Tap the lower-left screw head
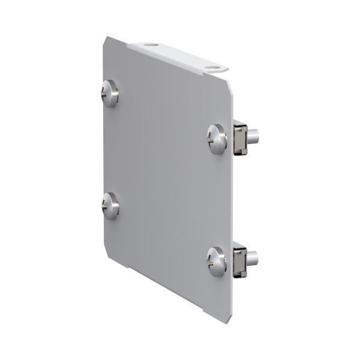point(110,206)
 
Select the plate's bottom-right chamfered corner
point(226,316)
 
